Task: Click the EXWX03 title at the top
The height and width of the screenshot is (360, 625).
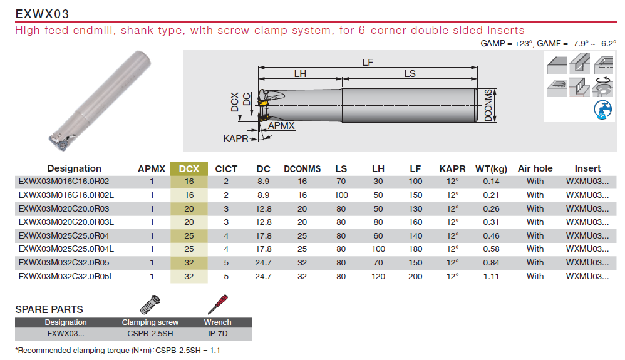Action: (x=42, y=14)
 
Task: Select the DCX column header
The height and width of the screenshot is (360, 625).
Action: (x=189, y=168)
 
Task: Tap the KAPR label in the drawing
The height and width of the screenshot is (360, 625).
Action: (x=235, y=139)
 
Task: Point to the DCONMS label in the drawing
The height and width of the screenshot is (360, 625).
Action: (x=488, y=105)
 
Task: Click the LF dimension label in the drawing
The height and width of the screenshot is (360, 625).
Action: (x=368, y=63)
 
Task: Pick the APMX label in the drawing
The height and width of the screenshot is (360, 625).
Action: (x=281, y=126)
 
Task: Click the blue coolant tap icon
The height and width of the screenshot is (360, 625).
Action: (x=602, y=110)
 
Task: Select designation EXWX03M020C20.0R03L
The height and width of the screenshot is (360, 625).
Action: (x=66, y=222)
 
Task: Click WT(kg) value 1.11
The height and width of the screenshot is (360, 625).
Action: (x=491, y=276)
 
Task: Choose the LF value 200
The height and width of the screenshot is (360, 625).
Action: (x=415, y=276)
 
